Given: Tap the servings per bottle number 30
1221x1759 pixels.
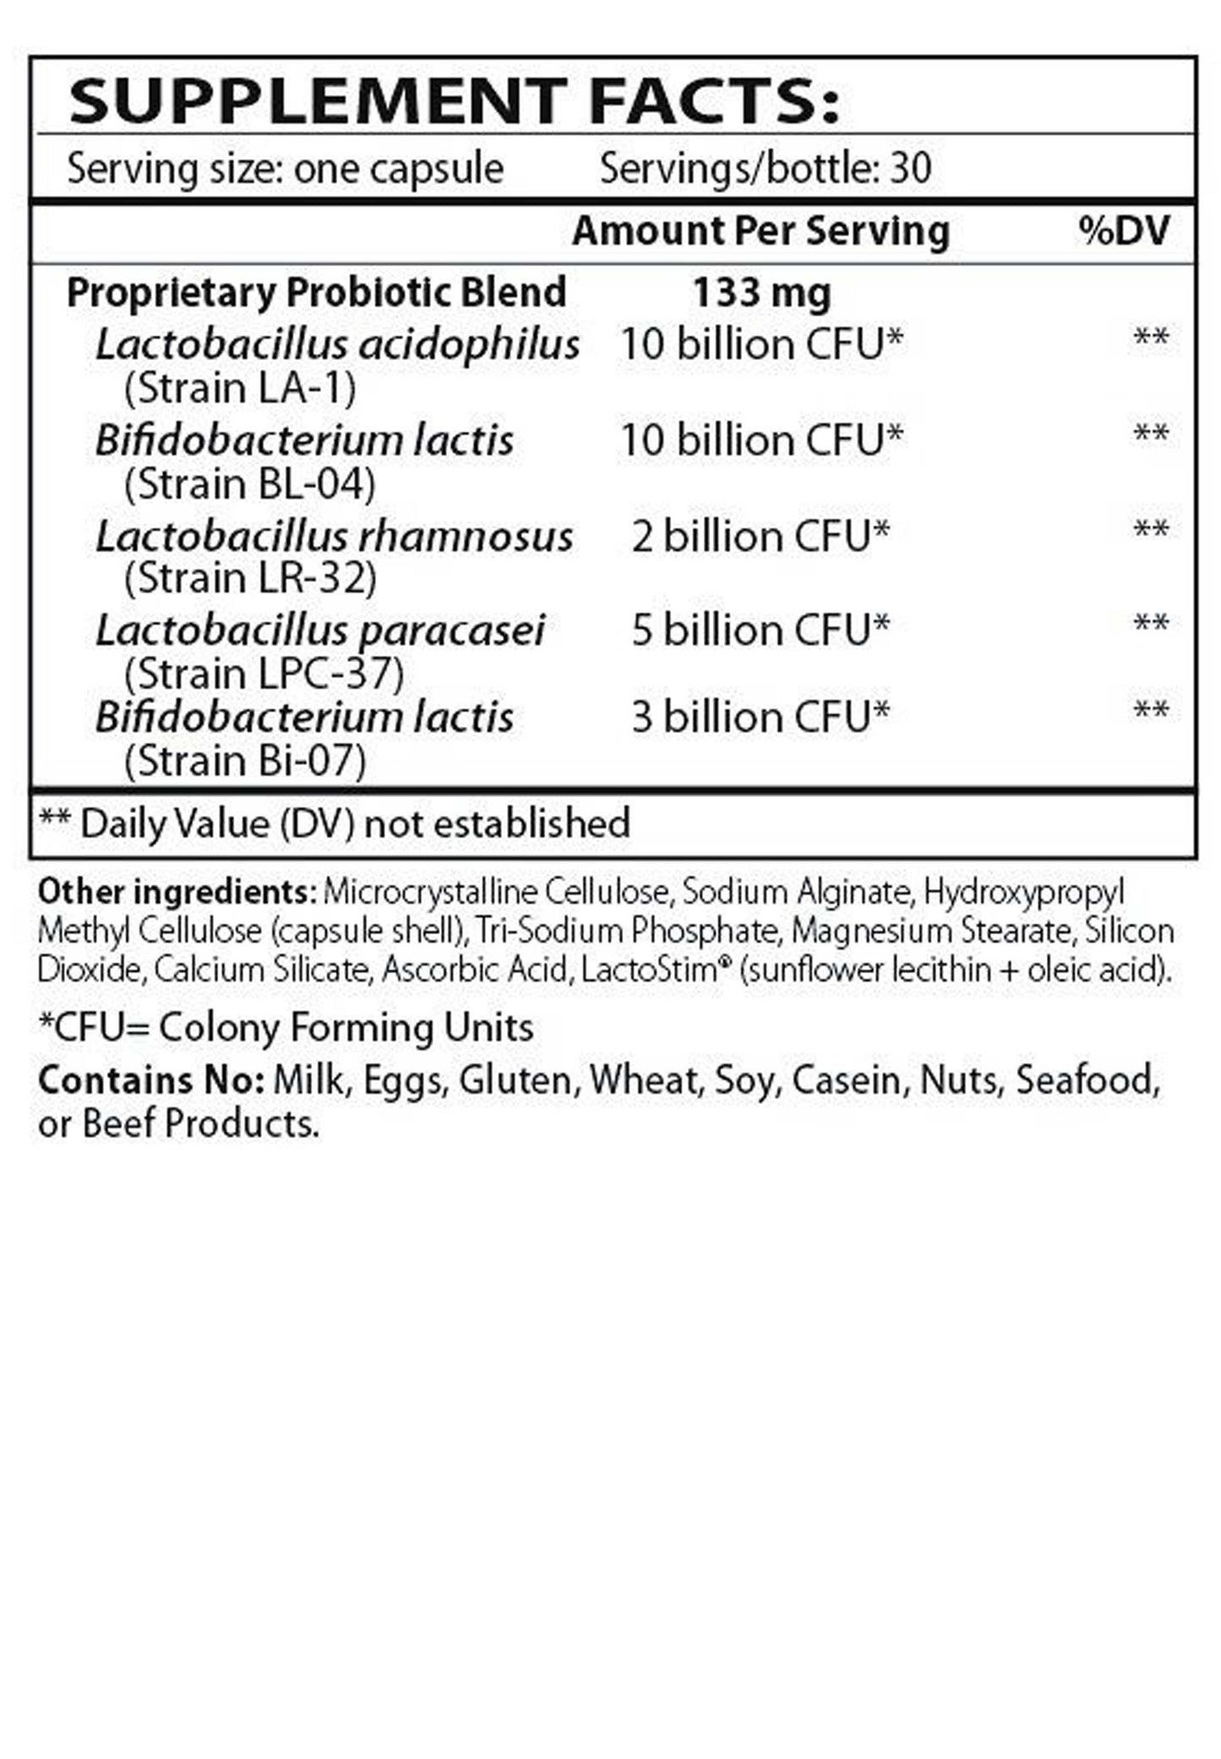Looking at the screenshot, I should pyautogui.click(x=911, y=169).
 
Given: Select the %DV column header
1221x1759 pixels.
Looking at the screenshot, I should pyautogui.click(x=1124, y=231).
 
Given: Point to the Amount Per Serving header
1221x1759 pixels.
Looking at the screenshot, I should pyautogui.click(x=760, y=231).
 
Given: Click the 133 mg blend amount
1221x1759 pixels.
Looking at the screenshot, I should pyautogui.click(x=761, y=293).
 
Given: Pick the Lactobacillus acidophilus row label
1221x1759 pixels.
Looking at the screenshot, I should pyautogui.click(x=337, y=345).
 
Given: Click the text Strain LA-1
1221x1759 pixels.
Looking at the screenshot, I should pyautogui.click(x=240, y=390).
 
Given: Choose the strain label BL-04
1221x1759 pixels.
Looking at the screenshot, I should pyautogui.click(x=249, y=485).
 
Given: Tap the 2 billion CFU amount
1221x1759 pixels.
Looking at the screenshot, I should pyautogui.click(x=760, y=537).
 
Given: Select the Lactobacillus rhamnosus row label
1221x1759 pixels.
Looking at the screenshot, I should pyautogui.click(x=334, y=537).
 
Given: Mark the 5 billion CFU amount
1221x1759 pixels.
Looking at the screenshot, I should pyautogui.click(x=760, y=631).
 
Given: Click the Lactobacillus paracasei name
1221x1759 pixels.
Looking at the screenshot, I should pyautogui.click(x=319, y=631).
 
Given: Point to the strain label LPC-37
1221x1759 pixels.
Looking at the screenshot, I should pyautogui.click(x=264, y=675).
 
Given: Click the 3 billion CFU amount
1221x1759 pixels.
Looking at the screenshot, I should pyautogui.click(x=760, y=718).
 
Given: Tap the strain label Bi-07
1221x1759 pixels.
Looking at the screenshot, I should pyautogui.click(x=245, y=762).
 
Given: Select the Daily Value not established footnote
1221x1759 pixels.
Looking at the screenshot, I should pyautogui.click(x=335, y=823).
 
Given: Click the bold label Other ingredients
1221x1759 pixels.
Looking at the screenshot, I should pyautogui.click(x=176, y=892).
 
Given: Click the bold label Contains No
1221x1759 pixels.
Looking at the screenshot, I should pyautogui.click(x=151, y=1080).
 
